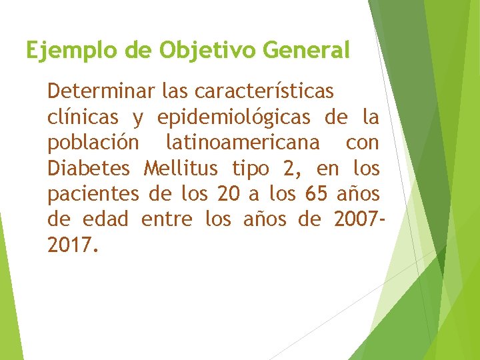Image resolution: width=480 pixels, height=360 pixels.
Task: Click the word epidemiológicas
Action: click(234, 117)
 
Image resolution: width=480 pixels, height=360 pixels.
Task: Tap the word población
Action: click(93, 143)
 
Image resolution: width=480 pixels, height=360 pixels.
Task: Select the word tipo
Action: click(253, 168)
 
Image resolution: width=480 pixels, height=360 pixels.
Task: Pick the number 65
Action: click(315, 194)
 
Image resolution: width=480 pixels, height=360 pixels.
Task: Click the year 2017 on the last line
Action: click(72, 245)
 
